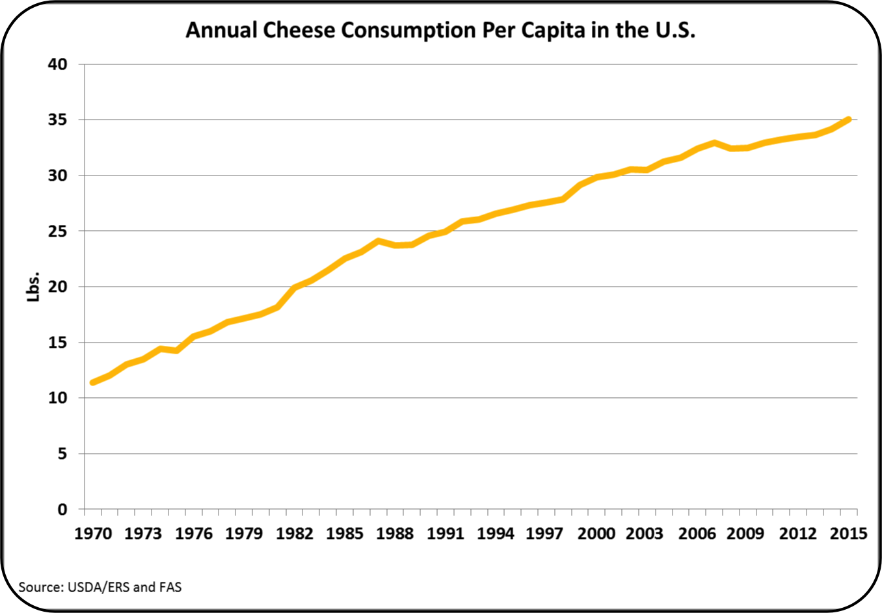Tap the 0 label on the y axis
[x=62, y=510]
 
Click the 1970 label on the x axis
[x=93, y=534]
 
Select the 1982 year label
[x=294, y=534]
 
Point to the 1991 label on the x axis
[x=445, y=534]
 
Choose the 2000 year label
[x=596, y=534]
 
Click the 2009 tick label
[x=746, y=534]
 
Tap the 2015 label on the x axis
[x=848, y=534]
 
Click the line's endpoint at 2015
[x=848, y=120]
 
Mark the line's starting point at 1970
[x=93, y=382]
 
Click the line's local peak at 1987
[x=378, y=241]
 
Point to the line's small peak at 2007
[x=714, y=143]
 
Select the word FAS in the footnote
[x=170, y=588]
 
